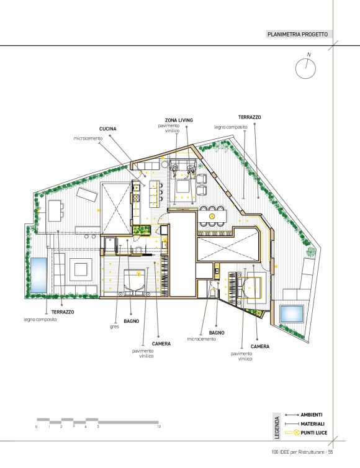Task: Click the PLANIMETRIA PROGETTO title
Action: (x=297, y=34)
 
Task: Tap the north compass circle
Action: (x=305, y=69)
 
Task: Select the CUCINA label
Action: (x=108, y=129)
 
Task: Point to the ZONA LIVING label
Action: (x=179, y=120)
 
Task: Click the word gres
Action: (x=114, y=326)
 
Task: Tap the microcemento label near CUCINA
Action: (x=88, y=138)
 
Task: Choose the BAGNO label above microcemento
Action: (x=217, y=333)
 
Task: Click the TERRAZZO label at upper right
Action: (x=250, y=117)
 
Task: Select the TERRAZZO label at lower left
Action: (x=63, y=312)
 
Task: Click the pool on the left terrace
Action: (x=39, y=275)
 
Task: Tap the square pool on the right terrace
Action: (x=291, y=313)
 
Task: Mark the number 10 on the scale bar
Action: (x=159, y=426)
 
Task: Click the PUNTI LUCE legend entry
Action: (x=314, y=433)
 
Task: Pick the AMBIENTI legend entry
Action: (x=312, y=415)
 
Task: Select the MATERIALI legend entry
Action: (x=313, y=424)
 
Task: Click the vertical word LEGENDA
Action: (x=277, y=428)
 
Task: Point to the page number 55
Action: (x=330, y=452)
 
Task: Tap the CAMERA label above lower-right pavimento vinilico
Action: (x=260, y=346)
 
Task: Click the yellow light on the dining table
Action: (x=212, y=216)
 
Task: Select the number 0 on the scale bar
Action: (x=37, y=427)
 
